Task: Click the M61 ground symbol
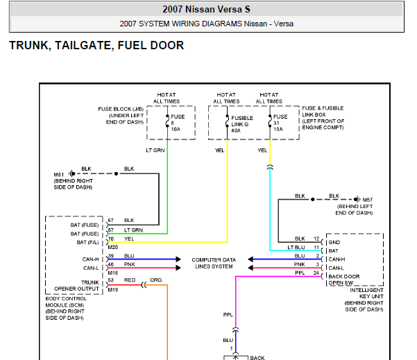tap(71, 173)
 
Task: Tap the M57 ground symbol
tap(357, 199)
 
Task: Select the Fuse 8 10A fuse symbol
tap(167, 121)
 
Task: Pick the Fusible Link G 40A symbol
tap(227, 121)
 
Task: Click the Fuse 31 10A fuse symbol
tap(270, 121)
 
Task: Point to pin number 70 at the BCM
tap(111, 239)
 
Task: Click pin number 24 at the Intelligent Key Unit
tap(316, 273)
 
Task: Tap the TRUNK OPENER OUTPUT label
tap(76, 286)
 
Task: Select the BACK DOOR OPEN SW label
tap(344, 280)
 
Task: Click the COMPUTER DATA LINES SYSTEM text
tap(214, 263)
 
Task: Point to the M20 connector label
tap(113, 247)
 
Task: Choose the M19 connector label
tap(113, 290)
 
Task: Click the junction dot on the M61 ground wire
tap(116, 173)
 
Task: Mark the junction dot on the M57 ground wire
tap(313, 199)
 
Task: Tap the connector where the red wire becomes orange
tap(144, 285)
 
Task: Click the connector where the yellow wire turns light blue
tap(270, 167)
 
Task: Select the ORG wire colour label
tap(155, 280)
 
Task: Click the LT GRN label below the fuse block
tap(155, 151)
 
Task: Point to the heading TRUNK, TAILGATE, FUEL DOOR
tap(96, 45)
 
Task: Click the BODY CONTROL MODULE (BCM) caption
tap(66, 302)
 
